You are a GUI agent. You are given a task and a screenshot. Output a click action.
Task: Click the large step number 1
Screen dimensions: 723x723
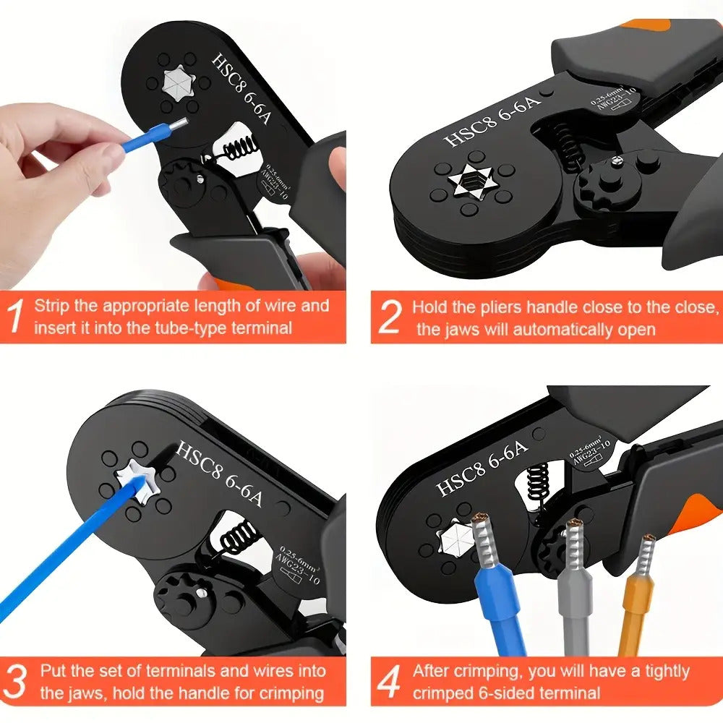click(x=15, y=316)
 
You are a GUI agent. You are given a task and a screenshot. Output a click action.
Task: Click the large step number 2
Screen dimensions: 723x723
click(x=390, y=317)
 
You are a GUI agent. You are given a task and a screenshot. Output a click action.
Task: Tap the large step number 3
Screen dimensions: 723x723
click(x=14, y=681)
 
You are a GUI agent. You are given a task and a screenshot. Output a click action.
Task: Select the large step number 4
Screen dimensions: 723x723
click(x=388, y=682)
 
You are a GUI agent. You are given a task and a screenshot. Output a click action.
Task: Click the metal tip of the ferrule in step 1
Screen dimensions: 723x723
click(x=178, y=124)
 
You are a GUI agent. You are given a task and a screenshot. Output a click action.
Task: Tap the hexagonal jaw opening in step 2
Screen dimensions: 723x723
click(x=472, y=183)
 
